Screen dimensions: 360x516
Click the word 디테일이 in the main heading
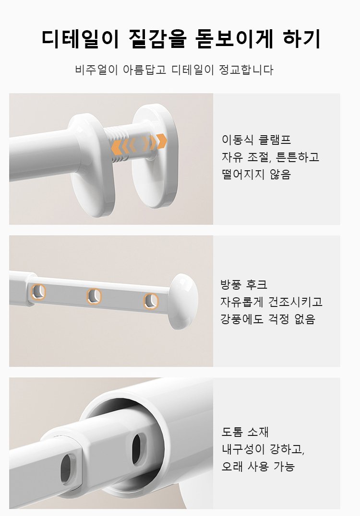pos(80,39)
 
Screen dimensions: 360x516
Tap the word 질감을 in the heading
pos(157,39)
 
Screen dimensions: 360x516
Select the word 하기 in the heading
pos(301,39)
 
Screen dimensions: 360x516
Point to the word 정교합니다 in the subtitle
pos(246,70)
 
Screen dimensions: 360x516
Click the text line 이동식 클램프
pos(256,140)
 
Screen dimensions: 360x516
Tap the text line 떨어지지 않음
pos(256,174)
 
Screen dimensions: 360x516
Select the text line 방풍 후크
pos(244,284)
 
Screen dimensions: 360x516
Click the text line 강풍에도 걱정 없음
pos(268,319)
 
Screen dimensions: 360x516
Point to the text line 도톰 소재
pos(245,432)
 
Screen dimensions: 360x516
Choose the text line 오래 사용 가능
pos(258,466)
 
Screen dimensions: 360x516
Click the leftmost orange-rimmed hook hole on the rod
pos(38,292)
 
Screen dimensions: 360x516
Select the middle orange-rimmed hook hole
pos(94,296)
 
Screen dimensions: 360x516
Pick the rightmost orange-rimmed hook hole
pos(151,302)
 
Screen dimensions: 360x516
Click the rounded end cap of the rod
pos(183,301)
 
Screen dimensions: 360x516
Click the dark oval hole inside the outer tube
pos(139,449)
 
